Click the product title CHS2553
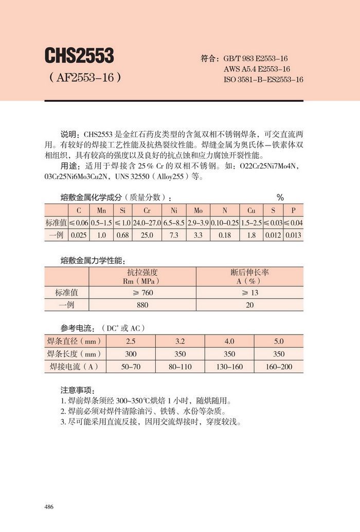[79, 55]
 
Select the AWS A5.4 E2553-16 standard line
[257, 69]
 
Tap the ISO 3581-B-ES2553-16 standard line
[263, 79]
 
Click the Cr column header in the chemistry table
[147, 211]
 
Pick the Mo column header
[198, 211]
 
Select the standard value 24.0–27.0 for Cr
[147, 223]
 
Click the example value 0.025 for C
[79, 235]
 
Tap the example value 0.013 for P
[293, 235]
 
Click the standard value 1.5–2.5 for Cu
[251, 223]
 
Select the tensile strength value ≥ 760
[142, 292]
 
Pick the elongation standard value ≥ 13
[249, 292]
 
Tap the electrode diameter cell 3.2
[180, 341]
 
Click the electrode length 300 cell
[131, 354]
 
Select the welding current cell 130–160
[229, 367]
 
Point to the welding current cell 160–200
[278, 367]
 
